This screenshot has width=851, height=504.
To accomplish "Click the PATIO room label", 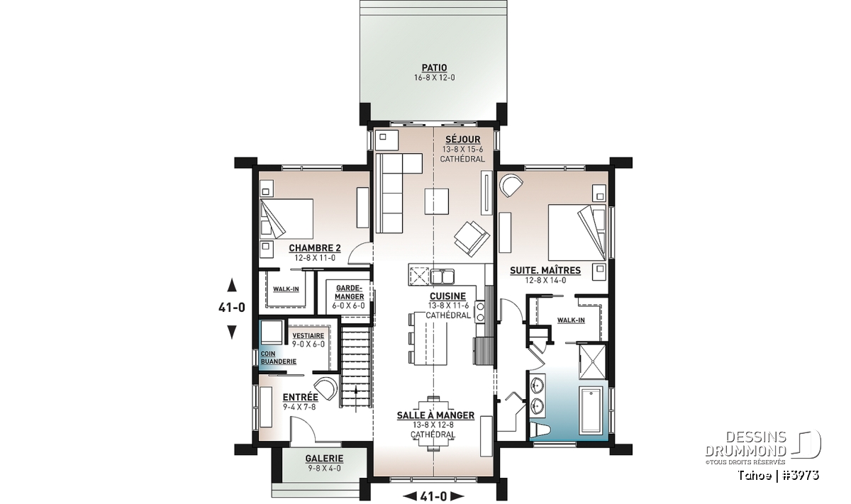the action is coord(434,67).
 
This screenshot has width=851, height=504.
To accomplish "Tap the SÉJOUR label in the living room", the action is coord(462,140).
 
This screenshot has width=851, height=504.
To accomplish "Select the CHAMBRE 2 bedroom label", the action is coord(315,248).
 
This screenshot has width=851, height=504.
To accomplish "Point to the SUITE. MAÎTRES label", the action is coord(545,270).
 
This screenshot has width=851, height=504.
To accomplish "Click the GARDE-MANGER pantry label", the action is coord(349,292).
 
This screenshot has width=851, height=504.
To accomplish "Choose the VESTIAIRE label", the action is coord(308,336).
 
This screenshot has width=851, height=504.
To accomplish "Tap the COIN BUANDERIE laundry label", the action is coord(279,358).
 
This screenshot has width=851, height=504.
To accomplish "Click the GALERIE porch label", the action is coord(324,459).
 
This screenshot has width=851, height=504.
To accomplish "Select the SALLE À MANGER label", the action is coord(435,415).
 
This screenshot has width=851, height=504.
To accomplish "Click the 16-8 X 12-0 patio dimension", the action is coord(434,78).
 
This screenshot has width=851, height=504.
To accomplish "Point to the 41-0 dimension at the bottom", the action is coord(433,496).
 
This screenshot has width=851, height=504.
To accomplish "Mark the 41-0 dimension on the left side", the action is coord(231,308).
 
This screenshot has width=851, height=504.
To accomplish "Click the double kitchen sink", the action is coord(442,276).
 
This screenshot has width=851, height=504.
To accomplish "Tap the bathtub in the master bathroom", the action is coord(590,410).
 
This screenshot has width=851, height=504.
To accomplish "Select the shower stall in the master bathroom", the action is coord(592,362).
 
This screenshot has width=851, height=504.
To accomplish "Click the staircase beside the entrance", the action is coord(355,368).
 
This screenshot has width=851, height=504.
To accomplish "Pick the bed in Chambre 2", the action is coord(287,219).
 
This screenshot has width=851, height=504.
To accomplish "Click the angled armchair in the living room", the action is coord(472,238).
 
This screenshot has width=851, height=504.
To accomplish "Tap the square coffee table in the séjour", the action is coord(437,201).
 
